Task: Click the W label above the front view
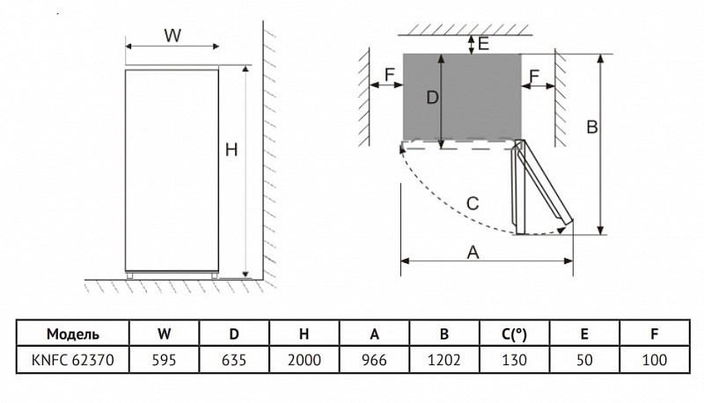click(172, 35)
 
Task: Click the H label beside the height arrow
click(231, 150)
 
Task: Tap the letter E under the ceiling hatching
click(483, 44)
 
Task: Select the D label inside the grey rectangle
click(432, 98)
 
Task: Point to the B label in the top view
click(592, 127)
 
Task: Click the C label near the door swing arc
click(473, 204)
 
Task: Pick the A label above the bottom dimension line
click(473, 253)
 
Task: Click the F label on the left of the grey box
click(390, 75)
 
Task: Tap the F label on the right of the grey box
click(534, 77)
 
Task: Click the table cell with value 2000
click(304, 360)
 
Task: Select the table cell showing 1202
click(444, 360)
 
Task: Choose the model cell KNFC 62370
click(73, 360)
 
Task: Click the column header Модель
click(73, 333)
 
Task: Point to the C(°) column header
click(514, 333)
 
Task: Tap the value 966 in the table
click(374, 360)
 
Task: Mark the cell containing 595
click(164, 360)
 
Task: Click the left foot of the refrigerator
click(129, 275)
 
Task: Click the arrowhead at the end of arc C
click(561, 231)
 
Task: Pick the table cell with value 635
click(234, 360)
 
